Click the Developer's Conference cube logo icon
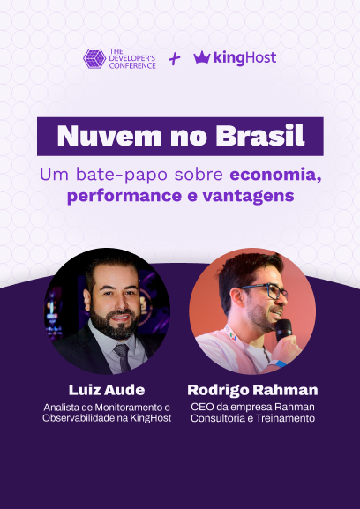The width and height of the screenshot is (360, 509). [94, 59]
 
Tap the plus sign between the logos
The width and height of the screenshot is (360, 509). [175, 58]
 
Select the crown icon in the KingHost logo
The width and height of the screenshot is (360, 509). [201, 57]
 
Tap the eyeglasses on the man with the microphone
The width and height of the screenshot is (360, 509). [264, 291]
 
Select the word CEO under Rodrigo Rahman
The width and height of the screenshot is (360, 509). [203, 407]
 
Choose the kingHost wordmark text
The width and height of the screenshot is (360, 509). [244, 57]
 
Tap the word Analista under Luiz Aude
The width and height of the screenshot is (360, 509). [63, 407]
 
